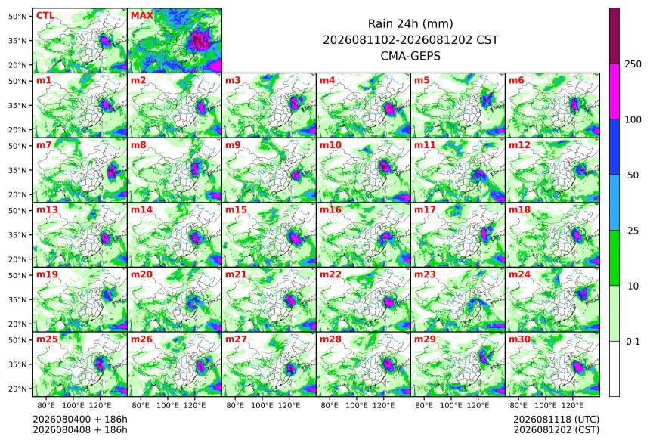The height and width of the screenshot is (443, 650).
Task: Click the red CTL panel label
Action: click(45, 15)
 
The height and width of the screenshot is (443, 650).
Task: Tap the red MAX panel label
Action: click(142, 15)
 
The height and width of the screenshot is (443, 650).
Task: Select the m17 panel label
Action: click(425, 209)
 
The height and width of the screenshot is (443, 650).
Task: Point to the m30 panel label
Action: click(519, 339)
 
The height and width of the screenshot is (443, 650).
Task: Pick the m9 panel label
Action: click(233, 144)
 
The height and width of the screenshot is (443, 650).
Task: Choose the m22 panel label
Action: click(330, 274)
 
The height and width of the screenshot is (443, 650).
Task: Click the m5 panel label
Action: click(422, 80)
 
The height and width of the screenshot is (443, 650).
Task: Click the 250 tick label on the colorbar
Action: click(633, 64)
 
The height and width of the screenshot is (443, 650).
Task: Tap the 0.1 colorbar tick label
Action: click(633, 342)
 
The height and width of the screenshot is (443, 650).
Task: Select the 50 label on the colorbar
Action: click(633, 175)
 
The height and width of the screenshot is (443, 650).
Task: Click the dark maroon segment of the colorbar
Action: click(614, 36)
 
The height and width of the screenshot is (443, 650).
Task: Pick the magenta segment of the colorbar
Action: click(614, 91)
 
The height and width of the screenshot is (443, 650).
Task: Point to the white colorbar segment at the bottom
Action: click(614, 369)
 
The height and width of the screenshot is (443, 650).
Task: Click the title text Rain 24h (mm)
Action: click(410, 23)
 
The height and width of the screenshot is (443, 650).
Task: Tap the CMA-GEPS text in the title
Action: click(410, 55)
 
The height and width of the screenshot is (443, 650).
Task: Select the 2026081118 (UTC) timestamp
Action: click(556, 420)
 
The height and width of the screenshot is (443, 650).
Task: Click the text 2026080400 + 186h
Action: click(80, 420)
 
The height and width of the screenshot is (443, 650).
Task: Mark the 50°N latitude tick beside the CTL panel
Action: click(17, 16)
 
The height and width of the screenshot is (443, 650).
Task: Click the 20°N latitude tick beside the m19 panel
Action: click(17, 324)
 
